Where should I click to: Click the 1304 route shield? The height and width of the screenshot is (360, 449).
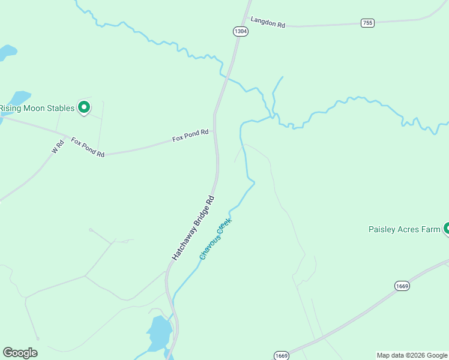240,31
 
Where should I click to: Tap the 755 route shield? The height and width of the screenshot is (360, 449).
367,23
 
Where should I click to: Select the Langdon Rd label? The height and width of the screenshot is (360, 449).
268,22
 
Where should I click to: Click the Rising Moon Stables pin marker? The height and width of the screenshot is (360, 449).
85,107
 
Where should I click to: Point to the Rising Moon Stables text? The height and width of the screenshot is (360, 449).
37,108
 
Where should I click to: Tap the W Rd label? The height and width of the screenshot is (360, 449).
58,147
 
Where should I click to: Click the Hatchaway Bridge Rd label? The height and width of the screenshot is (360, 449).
193,227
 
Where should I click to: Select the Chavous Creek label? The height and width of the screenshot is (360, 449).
215,239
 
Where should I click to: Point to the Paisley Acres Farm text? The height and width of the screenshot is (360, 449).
404,229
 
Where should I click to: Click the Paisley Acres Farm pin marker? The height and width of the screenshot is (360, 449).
447,228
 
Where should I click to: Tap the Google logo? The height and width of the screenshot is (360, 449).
20,352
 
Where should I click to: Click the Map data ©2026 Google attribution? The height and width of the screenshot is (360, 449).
412,355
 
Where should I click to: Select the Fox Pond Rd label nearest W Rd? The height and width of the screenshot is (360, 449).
88,148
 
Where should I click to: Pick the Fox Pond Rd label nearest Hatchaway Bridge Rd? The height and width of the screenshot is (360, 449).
190,136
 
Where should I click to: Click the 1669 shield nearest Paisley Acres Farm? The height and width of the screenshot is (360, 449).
402,286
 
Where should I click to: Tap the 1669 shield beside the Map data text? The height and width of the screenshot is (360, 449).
282,356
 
